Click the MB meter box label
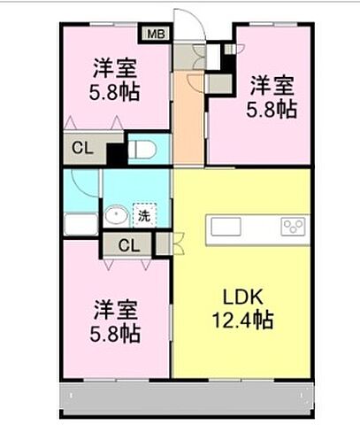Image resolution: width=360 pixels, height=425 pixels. (x=155, y=35)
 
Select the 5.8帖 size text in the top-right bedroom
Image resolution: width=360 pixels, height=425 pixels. (x=272, y=110)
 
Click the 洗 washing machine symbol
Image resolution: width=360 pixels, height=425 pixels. (x=142, y=215)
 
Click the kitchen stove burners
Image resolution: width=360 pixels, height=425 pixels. (x=292, y=227)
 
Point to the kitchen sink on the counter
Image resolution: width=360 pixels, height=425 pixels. (x=226, y=227)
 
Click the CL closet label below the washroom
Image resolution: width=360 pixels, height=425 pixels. (x=127, y=245)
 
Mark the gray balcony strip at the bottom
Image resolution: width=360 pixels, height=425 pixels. (x=186, y=398)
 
